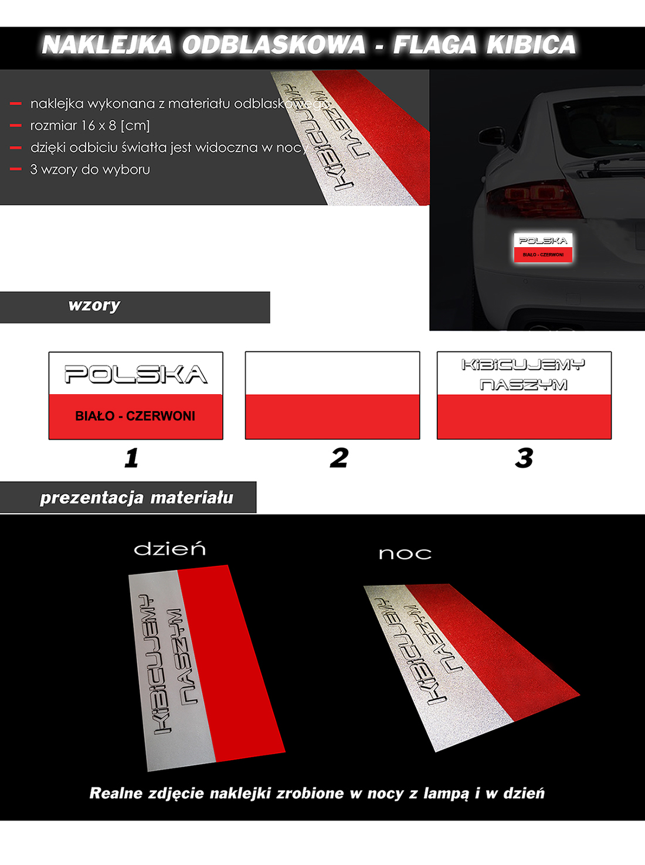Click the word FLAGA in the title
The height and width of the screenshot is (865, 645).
(x=434, y=44)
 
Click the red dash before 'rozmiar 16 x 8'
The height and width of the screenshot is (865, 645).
(x=16, y=125)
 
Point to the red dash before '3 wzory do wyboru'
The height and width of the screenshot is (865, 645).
(x=16, y=169)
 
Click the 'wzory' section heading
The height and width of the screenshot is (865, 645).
(x=94, y=305)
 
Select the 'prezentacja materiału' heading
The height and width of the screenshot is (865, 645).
(x=136, y=498)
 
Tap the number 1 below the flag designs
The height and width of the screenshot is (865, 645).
(x=131, y=457)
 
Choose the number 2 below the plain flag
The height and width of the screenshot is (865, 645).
(x=338, y=457)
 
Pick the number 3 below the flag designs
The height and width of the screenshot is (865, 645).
(x=524, y=457)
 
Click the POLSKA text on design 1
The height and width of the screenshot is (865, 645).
(x=135, y=374)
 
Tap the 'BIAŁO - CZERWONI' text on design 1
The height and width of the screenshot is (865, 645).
(x=135, y=416)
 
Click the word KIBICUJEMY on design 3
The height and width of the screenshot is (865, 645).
(x=523, y=365)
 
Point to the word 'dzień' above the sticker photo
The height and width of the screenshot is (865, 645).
(x=169, y=549)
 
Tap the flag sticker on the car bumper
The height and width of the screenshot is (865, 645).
(x=543, y=248)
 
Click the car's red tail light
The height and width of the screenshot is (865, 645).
(x=534, y=199)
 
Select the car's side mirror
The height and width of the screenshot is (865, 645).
(x=491, y=136)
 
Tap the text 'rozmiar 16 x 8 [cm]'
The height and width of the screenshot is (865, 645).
(x=90, y=125)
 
